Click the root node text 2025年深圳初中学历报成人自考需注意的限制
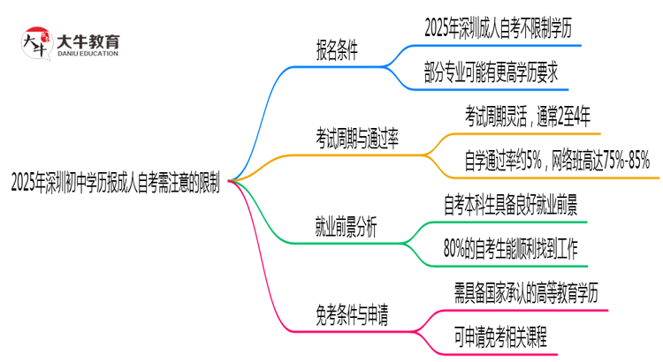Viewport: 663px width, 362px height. tap(114, 183)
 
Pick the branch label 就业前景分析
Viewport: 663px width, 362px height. tap(346, 227)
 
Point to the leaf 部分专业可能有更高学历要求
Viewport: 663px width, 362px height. tap(491, 72)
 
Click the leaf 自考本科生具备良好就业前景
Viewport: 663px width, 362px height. tap(511, 206)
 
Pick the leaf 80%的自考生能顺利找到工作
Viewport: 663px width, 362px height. tap(511, 248)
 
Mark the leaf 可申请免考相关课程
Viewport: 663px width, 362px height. tap(500, 336)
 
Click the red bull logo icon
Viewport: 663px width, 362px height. tap(35, 41)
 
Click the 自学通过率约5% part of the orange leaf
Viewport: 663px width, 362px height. tap(503, 160)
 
